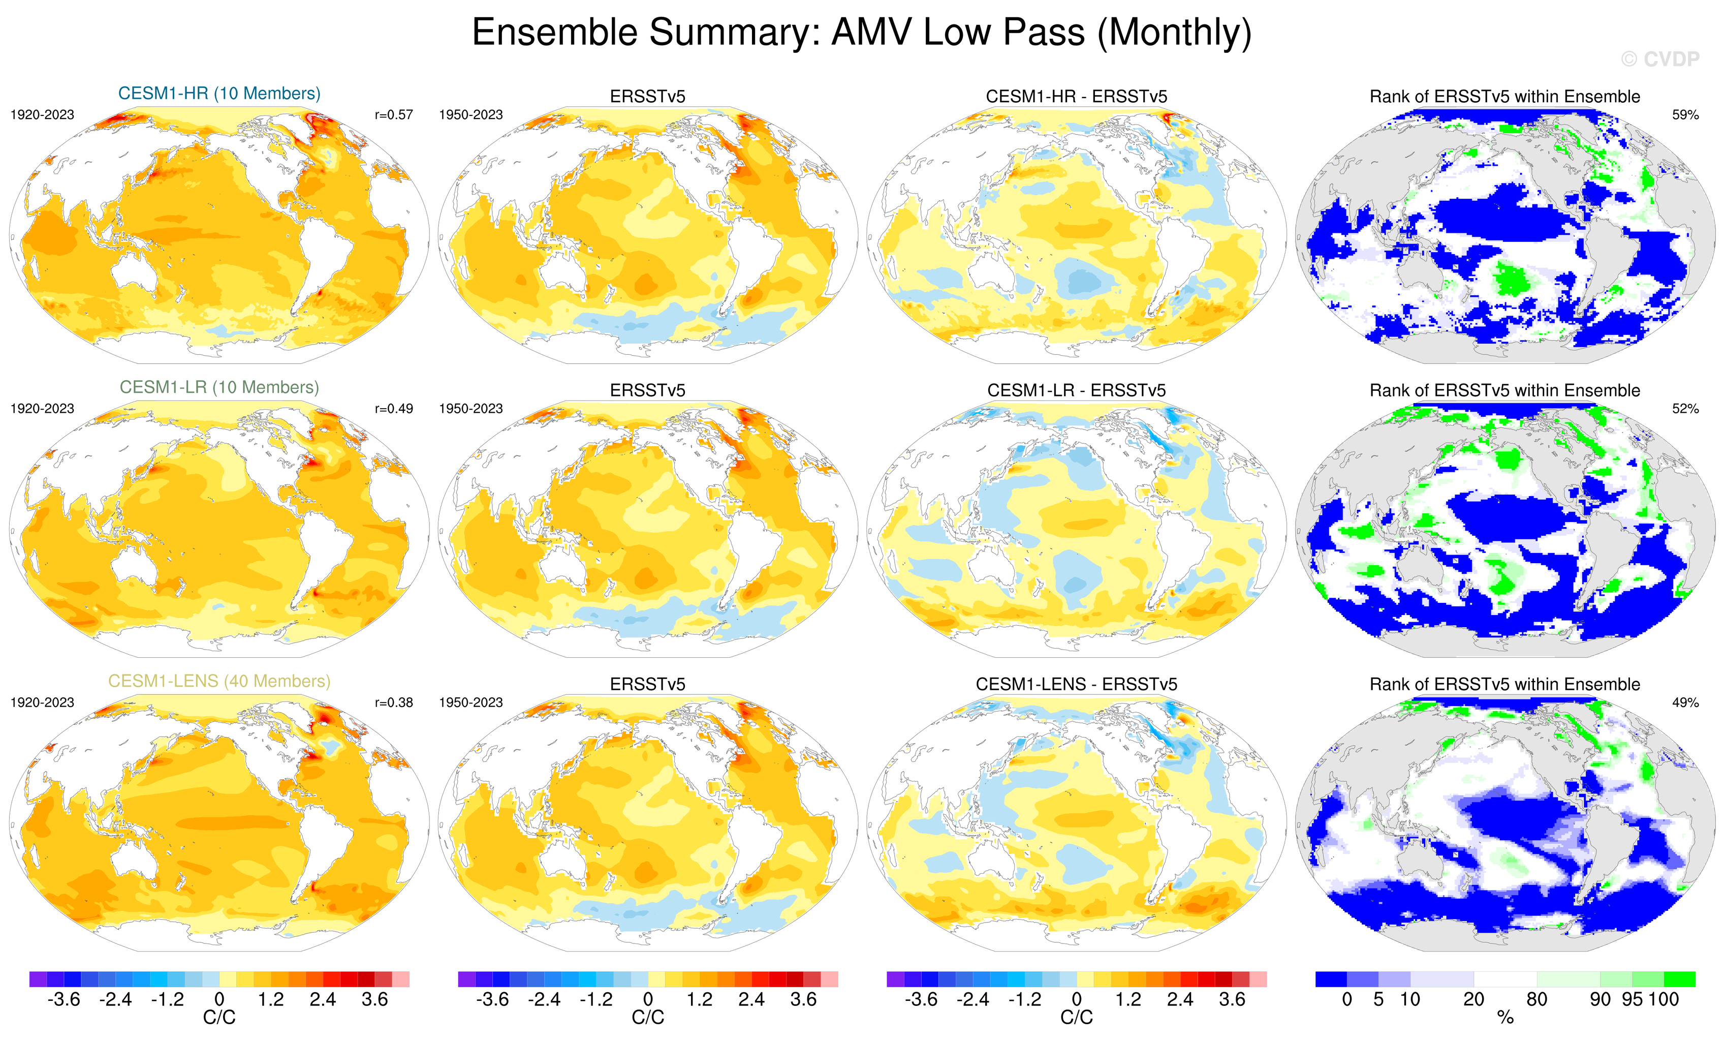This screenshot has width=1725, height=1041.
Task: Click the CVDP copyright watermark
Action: pos(1660,59)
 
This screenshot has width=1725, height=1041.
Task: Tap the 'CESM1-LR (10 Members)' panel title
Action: pos(219,387)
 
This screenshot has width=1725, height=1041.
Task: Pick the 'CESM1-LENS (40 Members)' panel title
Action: pos(219,681)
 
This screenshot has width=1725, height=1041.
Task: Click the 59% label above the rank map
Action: pos(1685,115)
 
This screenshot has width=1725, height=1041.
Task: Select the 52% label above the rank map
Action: pos(1685,408)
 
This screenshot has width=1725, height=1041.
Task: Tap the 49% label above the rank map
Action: pos(1685,702)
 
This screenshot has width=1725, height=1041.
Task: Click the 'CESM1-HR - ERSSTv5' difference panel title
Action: pos(1076,97)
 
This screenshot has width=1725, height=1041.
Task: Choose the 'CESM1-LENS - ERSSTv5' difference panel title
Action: pos(1076,684)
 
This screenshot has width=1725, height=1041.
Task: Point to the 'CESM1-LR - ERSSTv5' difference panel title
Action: pos(1076,390)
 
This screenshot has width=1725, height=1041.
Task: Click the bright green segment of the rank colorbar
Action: pos(1679,978)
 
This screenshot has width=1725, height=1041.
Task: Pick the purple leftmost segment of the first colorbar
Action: pos(38,978)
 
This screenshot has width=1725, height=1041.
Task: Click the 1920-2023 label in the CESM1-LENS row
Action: pos(42,702)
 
